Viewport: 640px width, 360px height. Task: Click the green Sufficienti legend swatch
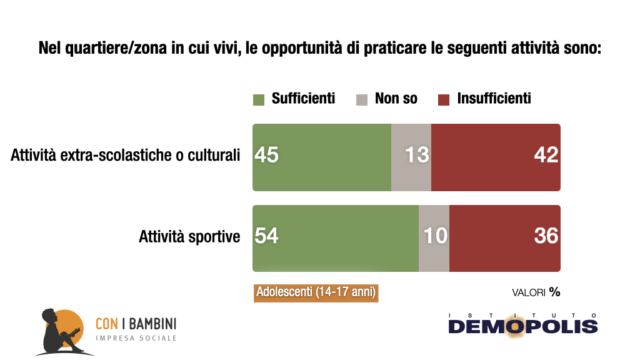click(258, 99)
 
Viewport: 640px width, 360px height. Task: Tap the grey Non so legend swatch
click(362, 99)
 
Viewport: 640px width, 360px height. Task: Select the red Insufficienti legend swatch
click(444, 99)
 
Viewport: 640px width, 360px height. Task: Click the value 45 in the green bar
click(267, 155)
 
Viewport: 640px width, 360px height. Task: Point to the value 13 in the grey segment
click(417, 155)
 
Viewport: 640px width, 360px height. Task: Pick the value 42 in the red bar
click(546, 155)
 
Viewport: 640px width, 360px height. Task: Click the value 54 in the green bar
click(267, 236)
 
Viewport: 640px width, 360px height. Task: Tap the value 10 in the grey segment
click(435, 236)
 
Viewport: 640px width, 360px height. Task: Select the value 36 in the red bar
click(546, 236)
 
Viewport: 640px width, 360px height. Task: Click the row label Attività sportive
click(189, 237)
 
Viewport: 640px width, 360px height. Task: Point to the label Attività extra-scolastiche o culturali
click(125, 156)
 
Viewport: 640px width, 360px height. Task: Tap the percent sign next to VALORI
click(554, 292)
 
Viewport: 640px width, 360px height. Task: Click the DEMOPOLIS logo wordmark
click(522, 326)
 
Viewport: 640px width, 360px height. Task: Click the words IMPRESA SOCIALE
click(136, 338)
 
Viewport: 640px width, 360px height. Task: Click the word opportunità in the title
click(298, 48)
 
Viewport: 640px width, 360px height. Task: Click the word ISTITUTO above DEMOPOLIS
click(522, 314)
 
